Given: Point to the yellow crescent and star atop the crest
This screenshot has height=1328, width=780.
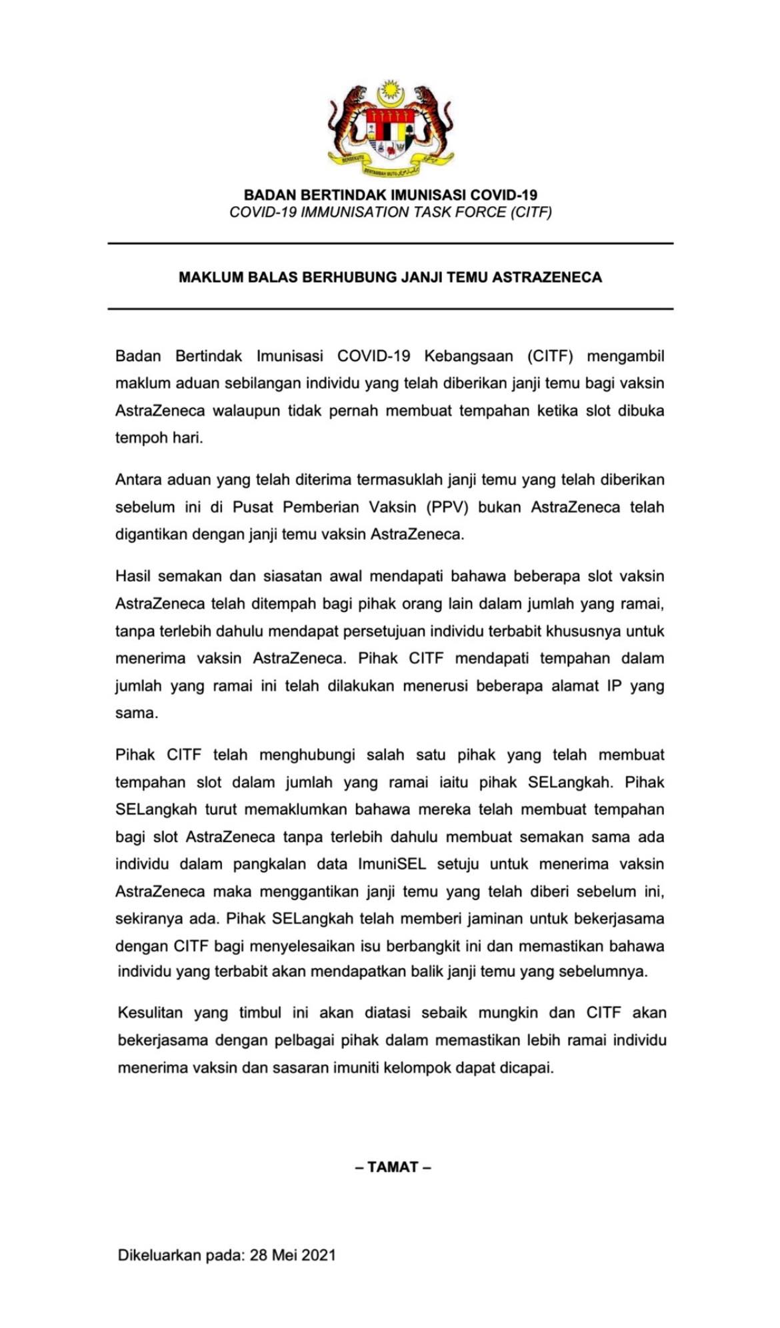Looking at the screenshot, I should (390, 93).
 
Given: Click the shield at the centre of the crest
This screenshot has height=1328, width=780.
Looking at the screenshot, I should (390, 133).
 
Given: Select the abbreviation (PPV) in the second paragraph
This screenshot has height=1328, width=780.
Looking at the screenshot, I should (448, 507).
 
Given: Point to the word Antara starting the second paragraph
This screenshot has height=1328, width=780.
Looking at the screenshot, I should (138, 480).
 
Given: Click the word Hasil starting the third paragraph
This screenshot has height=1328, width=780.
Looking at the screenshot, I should (133, 576).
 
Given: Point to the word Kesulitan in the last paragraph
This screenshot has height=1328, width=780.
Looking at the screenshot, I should (150, 1013).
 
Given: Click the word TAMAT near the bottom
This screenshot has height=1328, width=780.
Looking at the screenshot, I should (393, 1167).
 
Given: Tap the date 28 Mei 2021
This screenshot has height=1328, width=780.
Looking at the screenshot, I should (293, 1255).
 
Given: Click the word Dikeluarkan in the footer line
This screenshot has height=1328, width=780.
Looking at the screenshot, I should (159, 1255).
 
